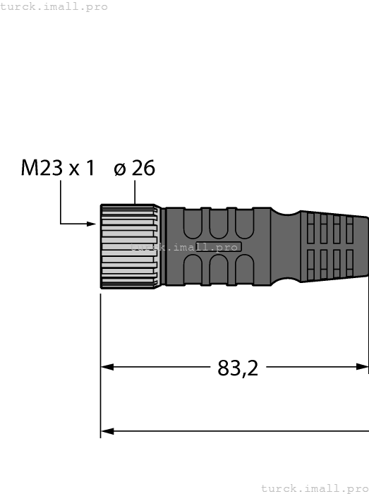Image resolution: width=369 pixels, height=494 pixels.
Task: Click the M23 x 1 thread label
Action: coord(57,169)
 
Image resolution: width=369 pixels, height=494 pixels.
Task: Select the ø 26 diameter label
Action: coord(134,169)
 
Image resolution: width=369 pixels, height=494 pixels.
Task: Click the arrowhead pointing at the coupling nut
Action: coord(92,224)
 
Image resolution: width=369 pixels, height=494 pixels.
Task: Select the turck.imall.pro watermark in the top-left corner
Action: coord(54,6)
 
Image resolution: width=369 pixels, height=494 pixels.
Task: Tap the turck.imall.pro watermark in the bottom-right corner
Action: coord(315,488)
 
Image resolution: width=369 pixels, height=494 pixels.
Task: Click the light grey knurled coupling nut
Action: coord(128,246)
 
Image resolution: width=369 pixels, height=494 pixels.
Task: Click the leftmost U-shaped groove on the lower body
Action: coord(192,270)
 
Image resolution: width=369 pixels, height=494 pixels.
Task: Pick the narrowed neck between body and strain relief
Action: coord(286,246)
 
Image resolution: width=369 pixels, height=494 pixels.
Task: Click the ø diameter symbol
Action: coord(120,169)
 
